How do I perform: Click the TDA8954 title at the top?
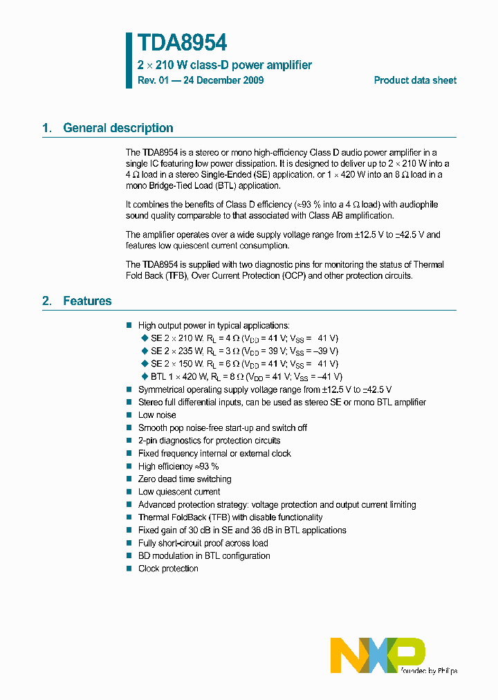point(182,43)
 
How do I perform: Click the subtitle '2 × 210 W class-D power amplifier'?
point(224,65)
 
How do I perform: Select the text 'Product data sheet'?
point(415,80)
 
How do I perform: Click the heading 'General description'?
point(118,128)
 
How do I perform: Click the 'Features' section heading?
point(87,301)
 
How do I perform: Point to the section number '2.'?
point(47,301)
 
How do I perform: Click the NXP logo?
point(377,654)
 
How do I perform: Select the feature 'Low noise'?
point(157,415)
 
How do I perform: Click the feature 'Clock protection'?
point(168,569)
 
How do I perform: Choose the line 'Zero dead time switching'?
point(185,479)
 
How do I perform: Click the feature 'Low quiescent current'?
point(179,492)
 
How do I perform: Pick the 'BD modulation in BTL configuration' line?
point(204,555)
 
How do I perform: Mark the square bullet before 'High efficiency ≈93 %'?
point(129,466)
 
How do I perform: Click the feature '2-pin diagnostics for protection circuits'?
point(209,441)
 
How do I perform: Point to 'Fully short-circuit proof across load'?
point(203,543)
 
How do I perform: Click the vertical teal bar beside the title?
point(129,60)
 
